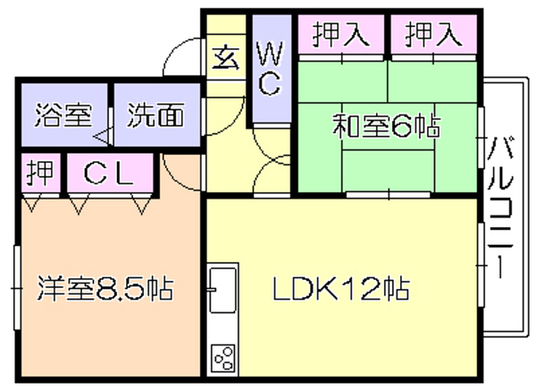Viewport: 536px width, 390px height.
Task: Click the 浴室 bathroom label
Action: (63, 114)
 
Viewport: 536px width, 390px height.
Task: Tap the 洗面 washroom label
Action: (155, 114)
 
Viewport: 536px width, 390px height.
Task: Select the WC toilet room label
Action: (271, 69)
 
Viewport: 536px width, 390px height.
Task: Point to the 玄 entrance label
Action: (225, 57)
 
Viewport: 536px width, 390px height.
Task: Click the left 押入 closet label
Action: (341, 34)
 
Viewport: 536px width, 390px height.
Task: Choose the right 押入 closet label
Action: (433, 34)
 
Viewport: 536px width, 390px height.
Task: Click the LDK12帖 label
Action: (341, 288)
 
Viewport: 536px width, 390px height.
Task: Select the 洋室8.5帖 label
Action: (105, 288)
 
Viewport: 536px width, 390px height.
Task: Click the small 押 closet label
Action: (41, 173)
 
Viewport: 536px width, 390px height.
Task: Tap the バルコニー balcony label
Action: (500, 207)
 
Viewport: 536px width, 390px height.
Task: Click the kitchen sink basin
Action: (222, 290)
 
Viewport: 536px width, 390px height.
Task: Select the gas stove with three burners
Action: (222, 358)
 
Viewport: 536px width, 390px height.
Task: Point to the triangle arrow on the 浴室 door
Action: (102, 137)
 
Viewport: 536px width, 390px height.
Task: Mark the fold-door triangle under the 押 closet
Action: (32, 203)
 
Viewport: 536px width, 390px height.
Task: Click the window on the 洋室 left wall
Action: (17, 288)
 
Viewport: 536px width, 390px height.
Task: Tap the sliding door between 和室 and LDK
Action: (388, 195)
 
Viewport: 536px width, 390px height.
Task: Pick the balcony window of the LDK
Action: (481, 265)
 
